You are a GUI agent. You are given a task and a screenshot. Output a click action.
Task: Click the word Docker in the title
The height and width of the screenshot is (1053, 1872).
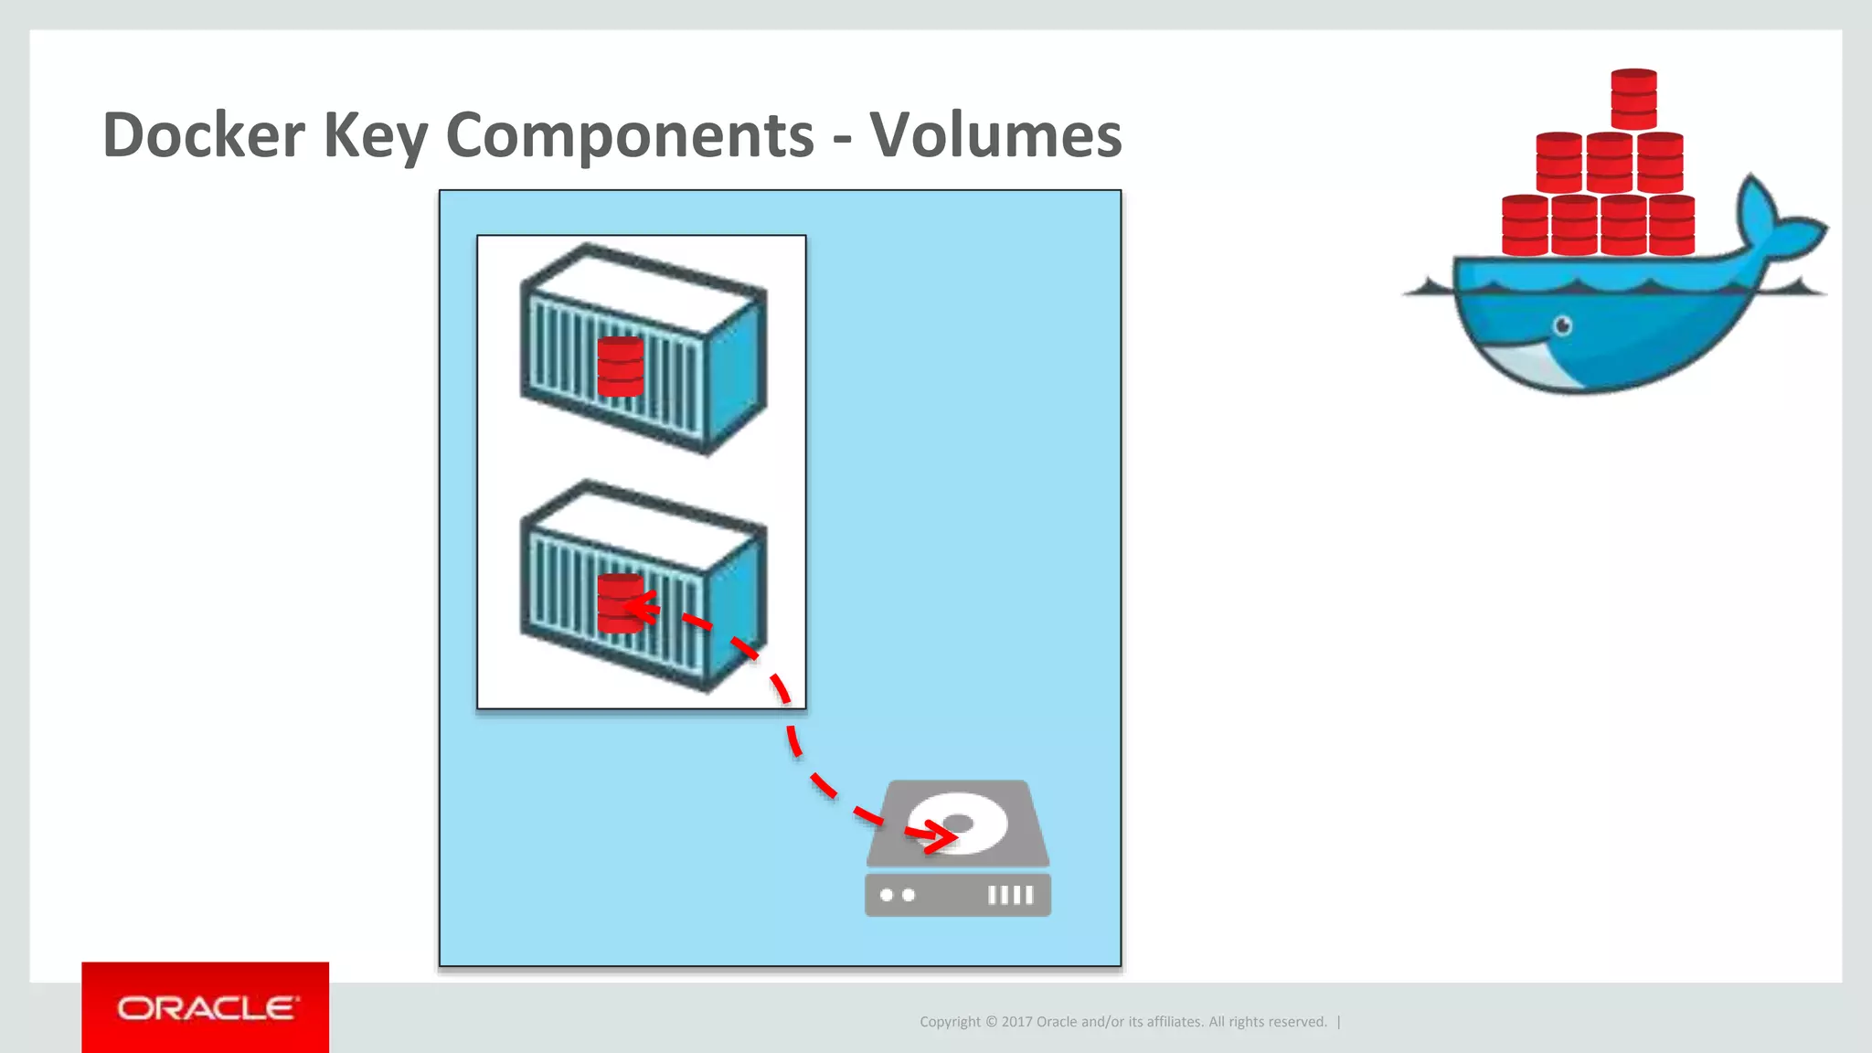(203, 135)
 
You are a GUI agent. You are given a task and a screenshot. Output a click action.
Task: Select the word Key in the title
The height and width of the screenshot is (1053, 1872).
(375, 135)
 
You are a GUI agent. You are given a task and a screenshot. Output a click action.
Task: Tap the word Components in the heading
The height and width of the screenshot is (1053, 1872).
(630, 135)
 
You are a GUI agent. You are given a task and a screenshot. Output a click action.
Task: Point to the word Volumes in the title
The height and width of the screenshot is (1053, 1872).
(995, 135)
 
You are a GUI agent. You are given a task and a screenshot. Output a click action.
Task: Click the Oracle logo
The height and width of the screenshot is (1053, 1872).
(206, 1008)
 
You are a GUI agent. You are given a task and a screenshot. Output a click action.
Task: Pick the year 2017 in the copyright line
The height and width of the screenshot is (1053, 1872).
(1016, 1022)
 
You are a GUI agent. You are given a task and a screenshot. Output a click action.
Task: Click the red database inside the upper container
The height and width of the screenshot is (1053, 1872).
(621, 367)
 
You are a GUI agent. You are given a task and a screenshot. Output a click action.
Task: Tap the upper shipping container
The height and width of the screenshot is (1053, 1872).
(642, 347)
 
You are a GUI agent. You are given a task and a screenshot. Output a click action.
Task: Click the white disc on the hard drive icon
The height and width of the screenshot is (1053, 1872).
(960, 822)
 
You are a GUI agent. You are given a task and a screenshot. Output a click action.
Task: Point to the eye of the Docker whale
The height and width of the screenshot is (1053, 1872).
(1563, 325)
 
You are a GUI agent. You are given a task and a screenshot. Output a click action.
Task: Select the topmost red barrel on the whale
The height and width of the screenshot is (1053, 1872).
(1634, 99)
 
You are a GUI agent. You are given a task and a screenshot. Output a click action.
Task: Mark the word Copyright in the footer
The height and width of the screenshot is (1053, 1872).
(950, 1022)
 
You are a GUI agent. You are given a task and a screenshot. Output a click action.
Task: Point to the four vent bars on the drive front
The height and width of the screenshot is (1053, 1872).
(1010, 895)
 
